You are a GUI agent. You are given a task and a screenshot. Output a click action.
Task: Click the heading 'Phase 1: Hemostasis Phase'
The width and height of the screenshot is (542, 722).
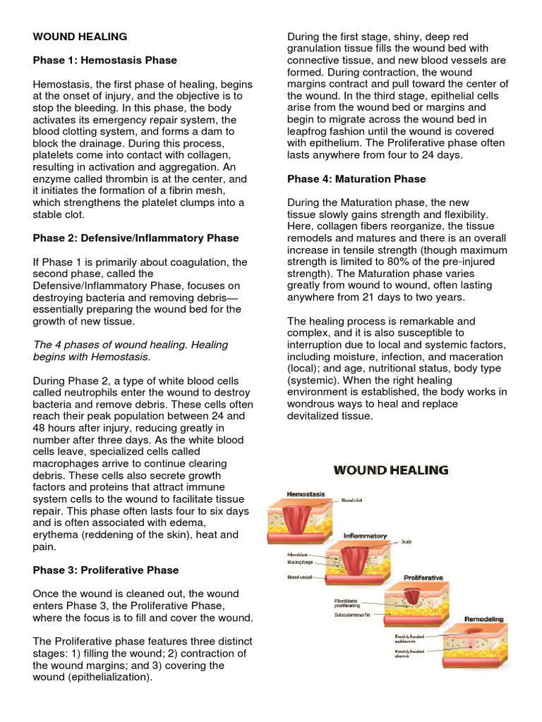tap(105, 60)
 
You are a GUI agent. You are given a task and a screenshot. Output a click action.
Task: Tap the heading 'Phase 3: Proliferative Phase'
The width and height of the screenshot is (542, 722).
tap(106, 570)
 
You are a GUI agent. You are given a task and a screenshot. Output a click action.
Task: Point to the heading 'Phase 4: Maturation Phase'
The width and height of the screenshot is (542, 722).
tap(356, 179)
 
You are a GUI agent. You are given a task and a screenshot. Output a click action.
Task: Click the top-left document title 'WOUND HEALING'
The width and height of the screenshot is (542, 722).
tap(80, 36)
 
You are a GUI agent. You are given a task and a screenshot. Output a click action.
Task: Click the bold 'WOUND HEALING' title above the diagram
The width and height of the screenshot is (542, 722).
tap(390, 470)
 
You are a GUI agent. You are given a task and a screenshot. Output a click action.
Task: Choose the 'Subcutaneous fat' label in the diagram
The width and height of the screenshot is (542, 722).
tap(358, 614)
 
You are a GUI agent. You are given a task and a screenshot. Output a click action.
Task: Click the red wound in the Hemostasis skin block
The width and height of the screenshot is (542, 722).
tap(301, 518)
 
